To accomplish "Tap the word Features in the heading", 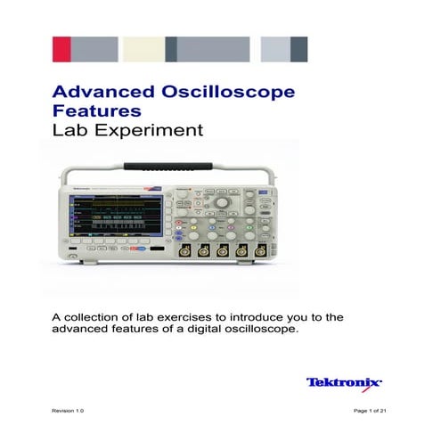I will [x=97, y=111].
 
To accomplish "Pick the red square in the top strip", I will [x=61, y=49].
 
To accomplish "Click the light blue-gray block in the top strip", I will [x=274, y=49].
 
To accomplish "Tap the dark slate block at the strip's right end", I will [x=299, y=49].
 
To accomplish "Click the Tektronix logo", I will [x=344, y=382].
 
